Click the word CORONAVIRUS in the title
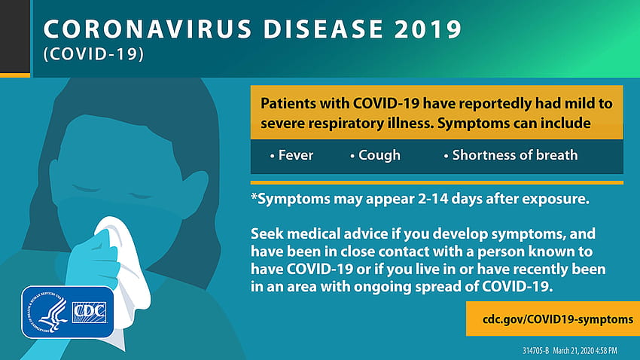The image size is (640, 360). coord(148,29)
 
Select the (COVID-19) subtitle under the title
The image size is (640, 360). coord(93,54)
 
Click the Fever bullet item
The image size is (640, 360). coord(291,155)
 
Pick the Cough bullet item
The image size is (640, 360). coord(375,155)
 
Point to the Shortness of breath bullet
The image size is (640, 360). coord(510,155)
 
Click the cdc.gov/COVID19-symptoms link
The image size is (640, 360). coord(557,319)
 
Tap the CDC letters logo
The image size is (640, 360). coord(89,313)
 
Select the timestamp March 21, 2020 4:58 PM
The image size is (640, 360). coord(585,351)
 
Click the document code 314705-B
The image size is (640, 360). coord(535,351)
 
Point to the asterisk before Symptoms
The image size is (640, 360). coord(254,196)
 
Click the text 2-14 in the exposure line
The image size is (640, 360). coord(432,199)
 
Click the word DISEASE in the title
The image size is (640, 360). coord(323,29)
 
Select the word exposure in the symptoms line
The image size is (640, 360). coord(556,199)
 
